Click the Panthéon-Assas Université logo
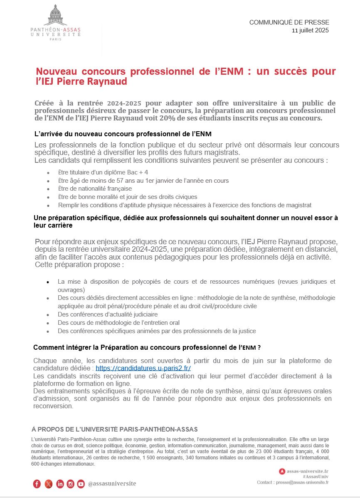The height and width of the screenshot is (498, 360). pos(55,22)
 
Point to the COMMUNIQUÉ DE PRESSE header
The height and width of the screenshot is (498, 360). pos(289,22)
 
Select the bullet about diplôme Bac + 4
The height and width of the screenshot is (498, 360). pos(103,172)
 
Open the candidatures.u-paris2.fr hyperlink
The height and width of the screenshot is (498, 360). pos(143,368)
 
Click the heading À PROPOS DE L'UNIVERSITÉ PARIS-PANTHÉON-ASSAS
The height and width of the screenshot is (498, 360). pos(114,429)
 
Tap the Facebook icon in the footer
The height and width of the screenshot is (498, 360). pos(37,483)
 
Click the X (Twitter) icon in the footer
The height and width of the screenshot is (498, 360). pos(48,483)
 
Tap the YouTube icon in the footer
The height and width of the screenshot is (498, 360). pos(81,483)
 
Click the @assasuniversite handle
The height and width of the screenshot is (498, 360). pos(112,483)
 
